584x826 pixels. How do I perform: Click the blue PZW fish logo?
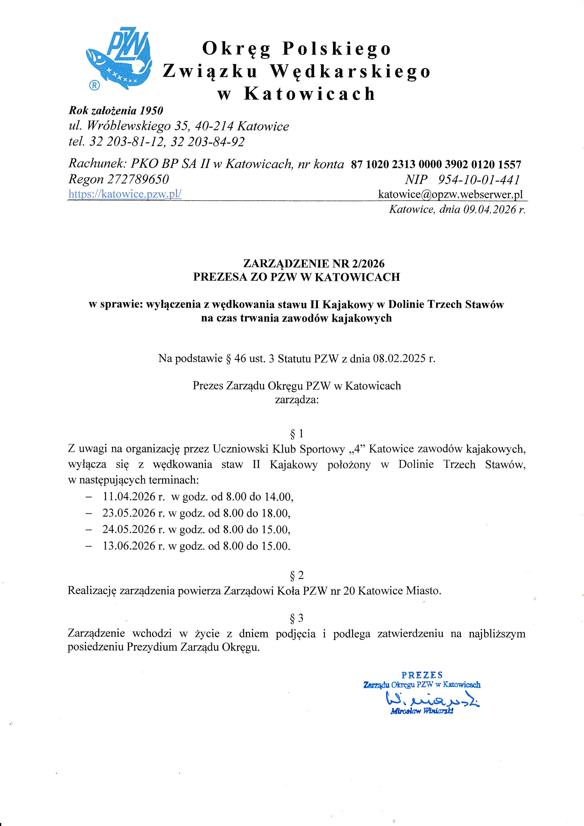point(119,57)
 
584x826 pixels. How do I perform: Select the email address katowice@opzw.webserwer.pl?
point(450,194)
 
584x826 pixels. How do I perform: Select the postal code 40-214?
point(214,126)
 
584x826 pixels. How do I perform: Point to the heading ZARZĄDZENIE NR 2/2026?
point(314,264)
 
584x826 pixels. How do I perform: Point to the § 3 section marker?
point(297,618)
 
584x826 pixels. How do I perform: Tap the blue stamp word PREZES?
point(422,675)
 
